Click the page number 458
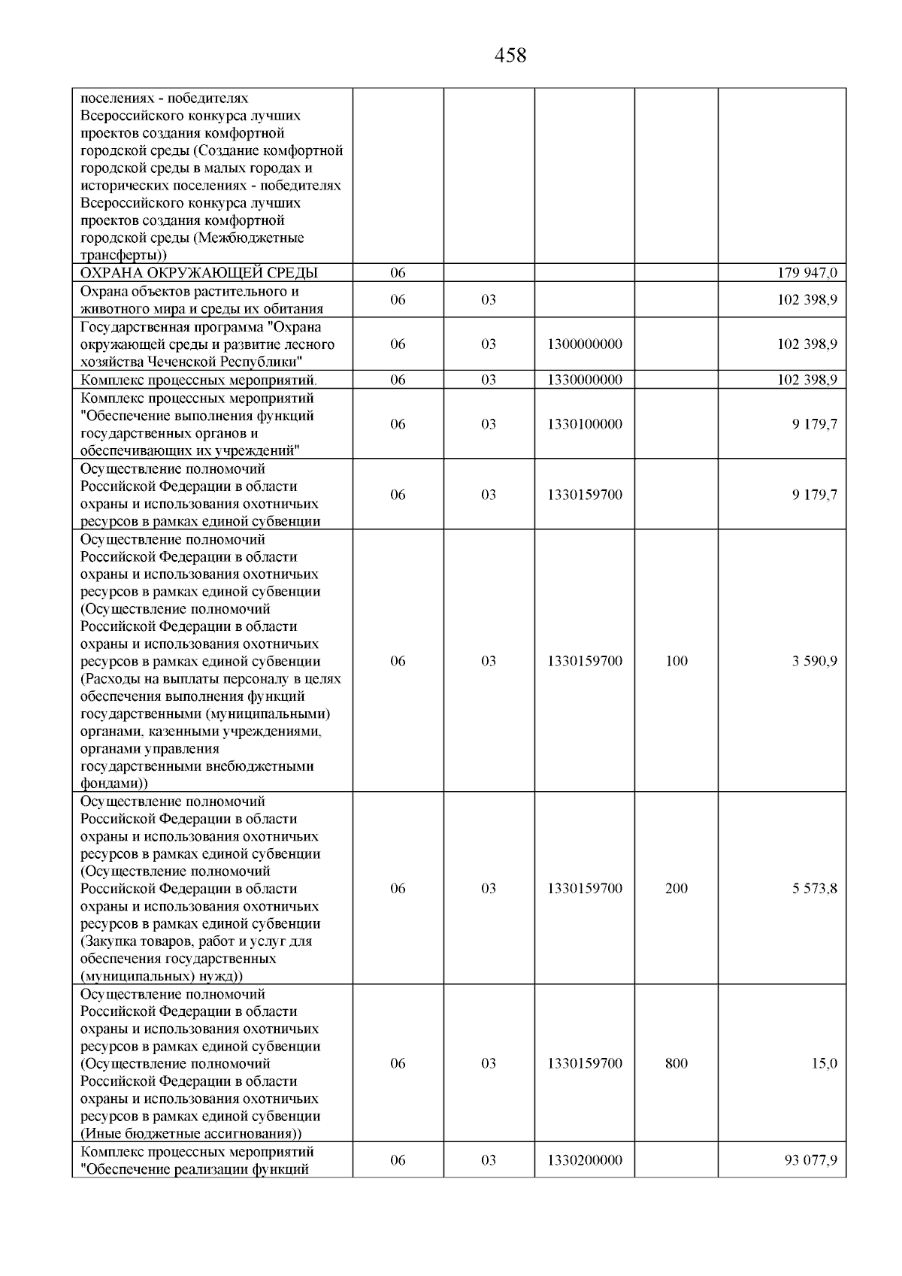tap(510, 56)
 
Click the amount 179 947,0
tap(807, 273)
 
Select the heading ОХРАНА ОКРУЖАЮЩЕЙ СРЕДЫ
tap(199, 273)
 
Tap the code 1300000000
tap(585, 344)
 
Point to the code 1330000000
tap(585, 380)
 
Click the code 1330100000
tap(585, 424)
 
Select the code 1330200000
tap(585, 1181)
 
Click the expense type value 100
tap(676, 661)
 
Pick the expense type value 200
tap(676, 888)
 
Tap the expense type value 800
tap(676, 1063)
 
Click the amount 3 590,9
tap(814, 661)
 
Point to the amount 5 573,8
tap(814, 888)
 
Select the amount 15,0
tap(824, 1063)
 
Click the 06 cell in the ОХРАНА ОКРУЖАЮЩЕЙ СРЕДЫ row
tap(398, 273)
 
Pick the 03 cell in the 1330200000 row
tap(489, 1181)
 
